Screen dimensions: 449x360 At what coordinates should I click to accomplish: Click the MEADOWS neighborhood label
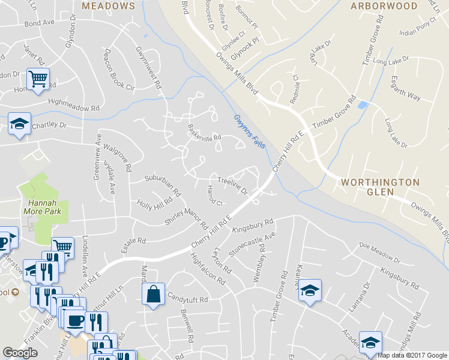pos(109,6)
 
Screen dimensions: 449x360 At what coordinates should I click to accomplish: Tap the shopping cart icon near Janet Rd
pos(38,79)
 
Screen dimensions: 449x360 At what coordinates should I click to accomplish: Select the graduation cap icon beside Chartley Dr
pos(20,124)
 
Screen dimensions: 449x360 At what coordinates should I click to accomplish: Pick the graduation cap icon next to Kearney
pos(310,290)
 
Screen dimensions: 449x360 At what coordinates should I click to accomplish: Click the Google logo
pos(20,353)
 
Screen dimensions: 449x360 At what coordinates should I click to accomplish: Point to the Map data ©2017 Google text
pos(412,355)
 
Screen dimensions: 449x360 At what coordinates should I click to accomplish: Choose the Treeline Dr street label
pos(232,184)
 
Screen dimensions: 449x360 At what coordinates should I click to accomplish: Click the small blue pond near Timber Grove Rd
pos(362,105)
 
